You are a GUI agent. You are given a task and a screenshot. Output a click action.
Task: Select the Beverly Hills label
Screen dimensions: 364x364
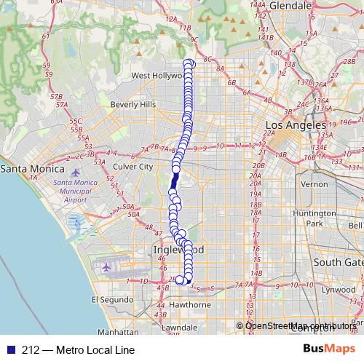click(133, 105)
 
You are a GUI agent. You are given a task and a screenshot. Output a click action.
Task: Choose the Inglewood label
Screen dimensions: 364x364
click(169, 250)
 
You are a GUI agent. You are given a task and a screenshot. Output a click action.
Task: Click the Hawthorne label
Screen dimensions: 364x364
click(191, 304)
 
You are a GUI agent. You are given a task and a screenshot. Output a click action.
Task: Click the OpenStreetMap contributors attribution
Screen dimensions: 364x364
click(298, 325)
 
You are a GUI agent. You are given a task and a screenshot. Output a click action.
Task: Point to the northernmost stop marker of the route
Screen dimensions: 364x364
click(190, 63)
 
